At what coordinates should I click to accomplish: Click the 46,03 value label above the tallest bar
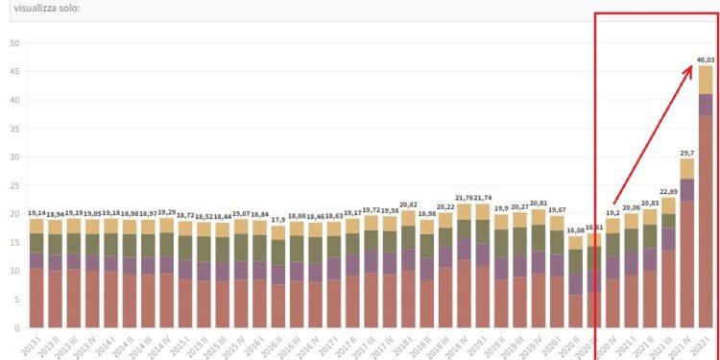(706, 60)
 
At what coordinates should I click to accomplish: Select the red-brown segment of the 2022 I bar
(706, 221)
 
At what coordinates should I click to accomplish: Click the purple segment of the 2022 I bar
(706, 105)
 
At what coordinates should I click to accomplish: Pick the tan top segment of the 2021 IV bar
(687, 168)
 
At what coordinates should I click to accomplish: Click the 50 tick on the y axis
(13, 43)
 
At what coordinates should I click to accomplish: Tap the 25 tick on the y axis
(13, 185)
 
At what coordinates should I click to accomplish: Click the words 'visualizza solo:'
(47, 8)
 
